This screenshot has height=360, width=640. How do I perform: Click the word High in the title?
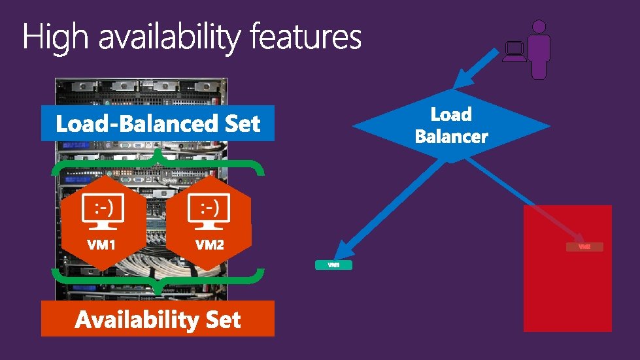pos(55,37)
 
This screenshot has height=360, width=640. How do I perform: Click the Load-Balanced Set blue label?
pos(158,123)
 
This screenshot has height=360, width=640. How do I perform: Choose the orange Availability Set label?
pos(158,319)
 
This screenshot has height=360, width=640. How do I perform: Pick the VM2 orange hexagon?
pos(209,223)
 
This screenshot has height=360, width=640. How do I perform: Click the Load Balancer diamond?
pos(451,125)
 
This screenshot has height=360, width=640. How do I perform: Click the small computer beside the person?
pos(514,51)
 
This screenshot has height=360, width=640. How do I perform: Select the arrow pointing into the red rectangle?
pos(523,200)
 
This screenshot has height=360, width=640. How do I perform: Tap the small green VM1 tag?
pos(333,265)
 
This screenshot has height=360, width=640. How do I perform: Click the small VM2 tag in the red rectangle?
pos(584,247)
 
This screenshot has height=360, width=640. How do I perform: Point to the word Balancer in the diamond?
pos(451,137)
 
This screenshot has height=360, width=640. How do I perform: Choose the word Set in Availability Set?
pos(223,319)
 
